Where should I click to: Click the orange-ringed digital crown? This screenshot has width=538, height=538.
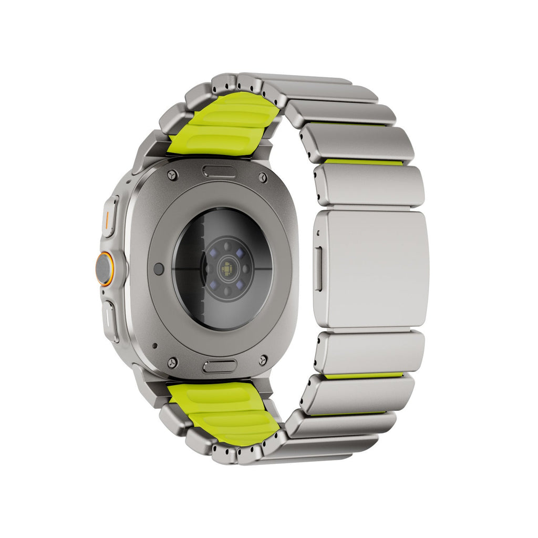click(104, 269)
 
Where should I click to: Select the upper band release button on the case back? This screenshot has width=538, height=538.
click(219, 172)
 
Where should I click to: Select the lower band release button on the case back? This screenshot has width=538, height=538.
click(220, 366)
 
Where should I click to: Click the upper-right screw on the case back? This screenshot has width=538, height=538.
click(263, 177)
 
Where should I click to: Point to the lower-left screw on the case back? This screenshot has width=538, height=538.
click(172, 363)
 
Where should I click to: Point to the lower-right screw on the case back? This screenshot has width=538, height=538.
click(263, 360)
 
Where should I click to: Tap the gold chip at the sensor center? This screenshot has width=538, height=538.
click(227, 268)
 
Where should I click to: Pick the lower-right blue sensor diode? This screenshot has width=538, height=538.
click(240, 285)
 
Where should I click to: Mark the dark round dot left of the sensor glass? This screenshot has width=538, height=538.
click(159, 269)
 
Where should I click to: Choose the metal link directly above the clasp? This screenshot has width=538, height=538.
click(370, 185)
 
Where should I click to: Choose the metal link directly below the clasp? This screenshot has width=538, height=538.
click(370, 352)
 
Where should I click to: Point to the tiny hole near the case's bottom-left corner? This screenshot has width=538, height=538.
click(154, 346)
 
